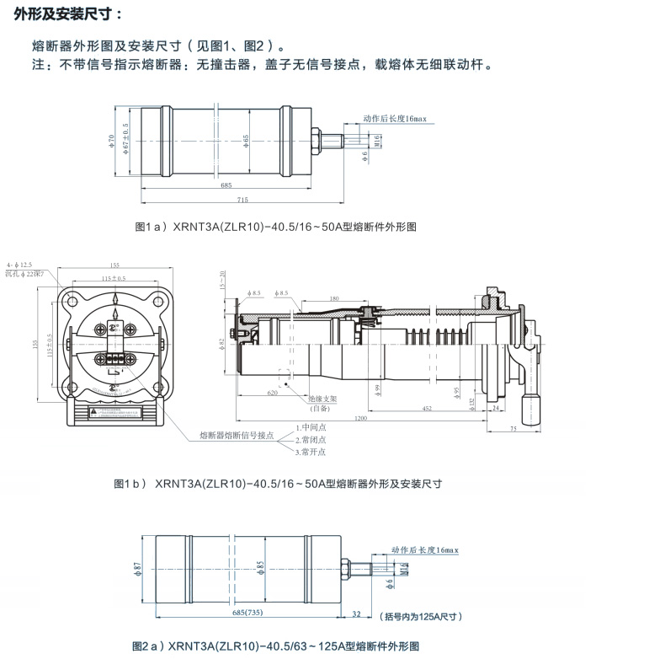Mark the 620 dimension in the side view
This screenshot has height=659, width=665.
[x=272, y=393]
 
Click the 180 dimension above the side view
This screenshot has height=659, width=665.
[x=334, y=298]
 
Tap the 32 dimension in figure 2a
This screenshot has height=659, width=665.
[x=357, y=613]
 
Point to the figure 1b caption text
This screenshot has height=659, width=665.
[x=278, y=484]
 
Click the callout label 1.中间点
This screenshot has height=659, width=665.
[x=311, y=427]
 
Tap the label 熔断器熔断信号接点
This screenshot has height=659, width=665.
[x=237, y=435]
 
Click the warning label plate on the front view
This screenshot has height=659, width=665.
[x=114, y=412]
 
